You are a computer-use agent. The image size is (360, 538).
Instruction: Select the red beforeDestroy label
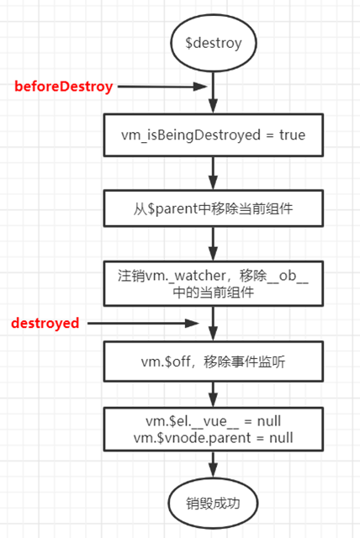click(63, 86)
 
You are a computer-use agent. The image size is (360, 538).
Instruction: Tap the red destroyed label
click(45, 322)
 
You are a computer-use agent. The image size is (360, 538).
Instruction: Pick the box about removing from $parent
click(214, 207)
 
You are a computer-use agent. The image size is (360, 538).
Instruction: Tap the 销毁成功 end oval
click(214, 504)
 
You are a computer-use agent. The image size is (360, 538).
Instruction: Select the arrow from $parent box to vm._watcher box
click(214, 245)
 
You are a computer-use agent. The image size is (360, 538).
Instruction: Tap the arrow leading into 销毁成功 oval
click(214, 466)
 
